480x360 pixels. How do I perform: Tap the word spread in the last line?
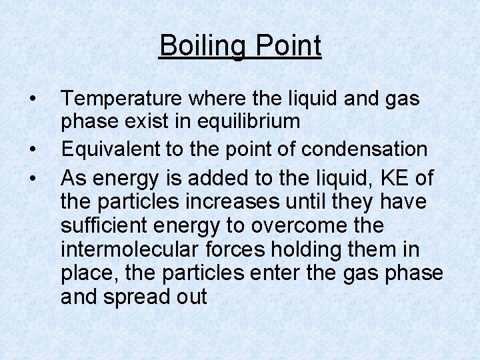pyautogui.click(x=141, y=297)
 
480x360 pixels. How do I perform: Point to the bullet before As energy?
pyautogui.click(x=33, y=179)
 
